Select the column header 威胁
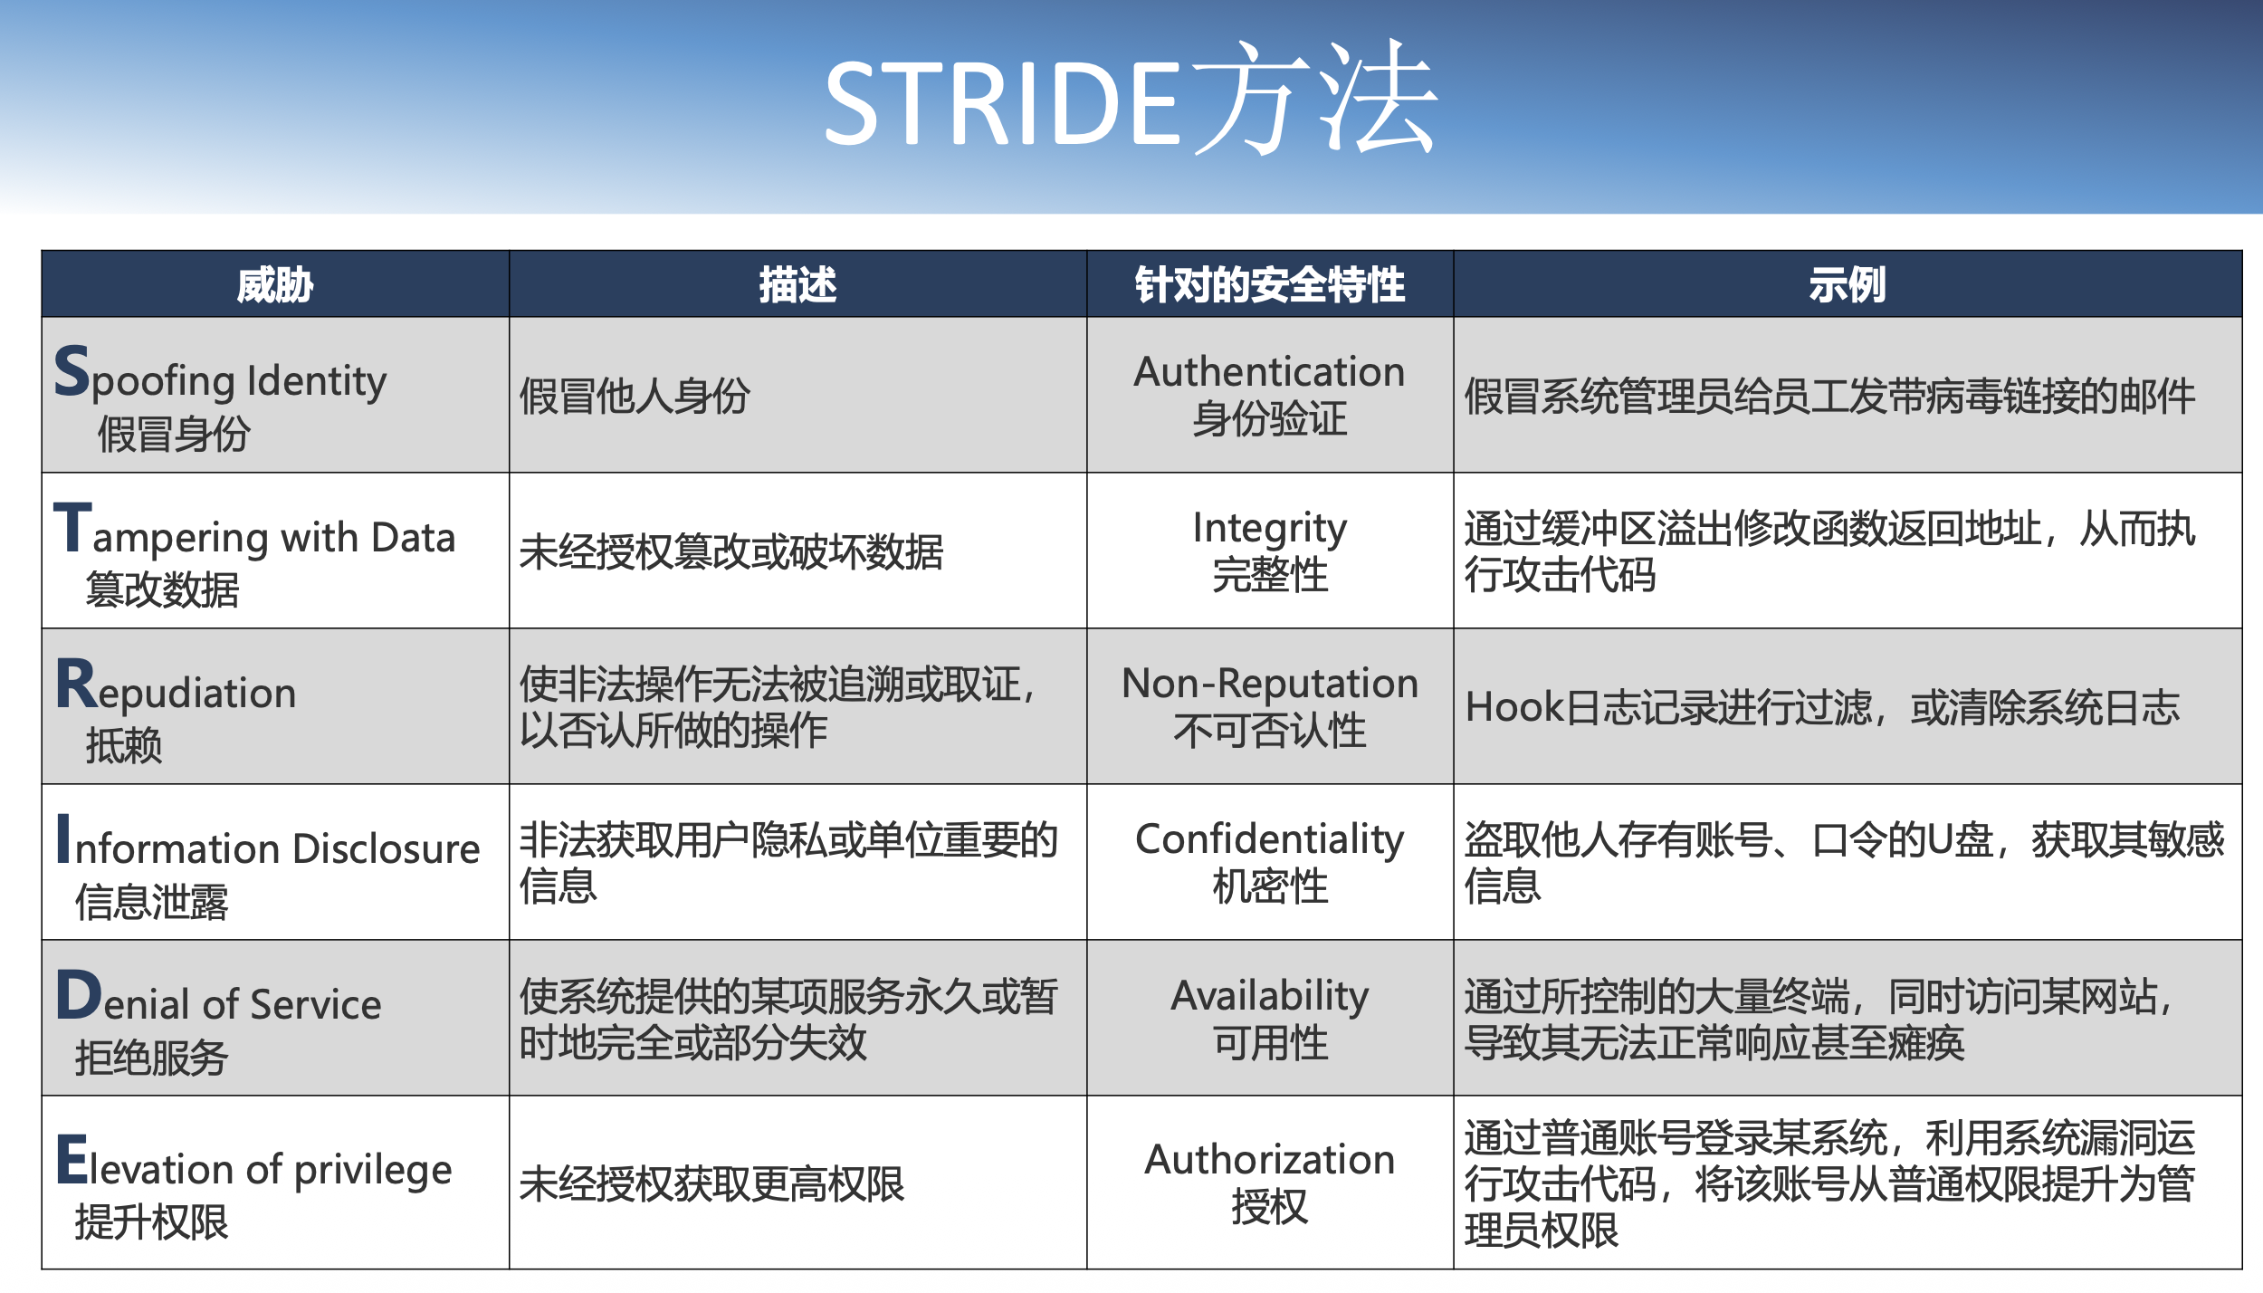point(275,285)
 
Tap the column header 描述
point(797,285)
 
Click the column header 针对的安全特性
point(1270,285)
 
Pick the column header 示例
point(1848,285)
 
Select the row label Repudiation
point(177,688)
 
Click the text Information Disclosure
point(268,842)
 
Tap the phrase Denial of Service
point(219,998)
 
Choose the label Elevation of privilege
point(254,1164)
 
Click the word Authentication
point(1270,372)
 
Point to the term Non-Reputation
point(1270,684)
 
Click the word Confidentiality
point(1270,840)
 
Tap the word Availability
point(1270,996)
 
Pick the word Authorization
point(1270,1160)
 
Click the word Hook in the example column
point(1514,707)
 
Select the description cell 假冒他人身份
point(635,397)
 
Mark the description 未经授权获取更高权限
point(711,1184)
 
